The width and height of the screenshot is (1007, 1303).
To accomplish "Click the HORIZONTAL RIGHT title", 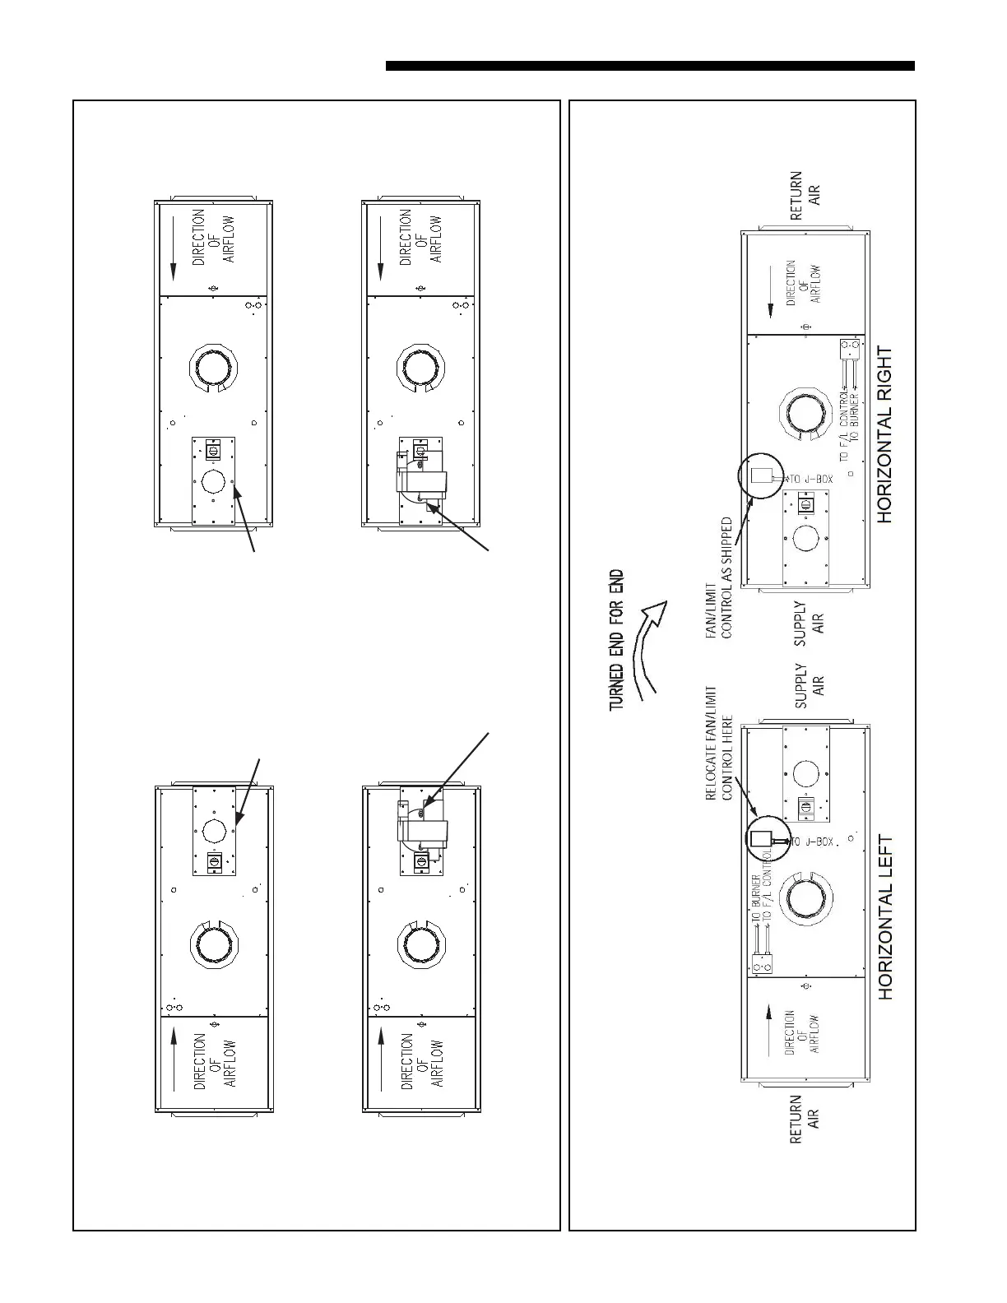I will pyautogui.click(x=884, y=434).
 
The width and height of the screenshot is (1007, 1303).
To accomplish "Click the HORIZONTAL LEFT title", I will pyautogui.click(x=885, y=918).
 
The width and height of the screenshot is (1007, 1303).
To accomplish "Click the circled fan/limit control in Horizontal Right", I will pyautogui.click(x=762, y=476).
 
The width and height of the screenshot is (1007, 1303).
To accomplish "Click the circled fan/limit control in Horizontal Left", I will pyautogui.click(x=762, y=838).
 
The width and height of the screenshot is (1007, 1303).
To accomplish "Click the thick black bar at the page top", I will pyautogui.click(x=650, y=66).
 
